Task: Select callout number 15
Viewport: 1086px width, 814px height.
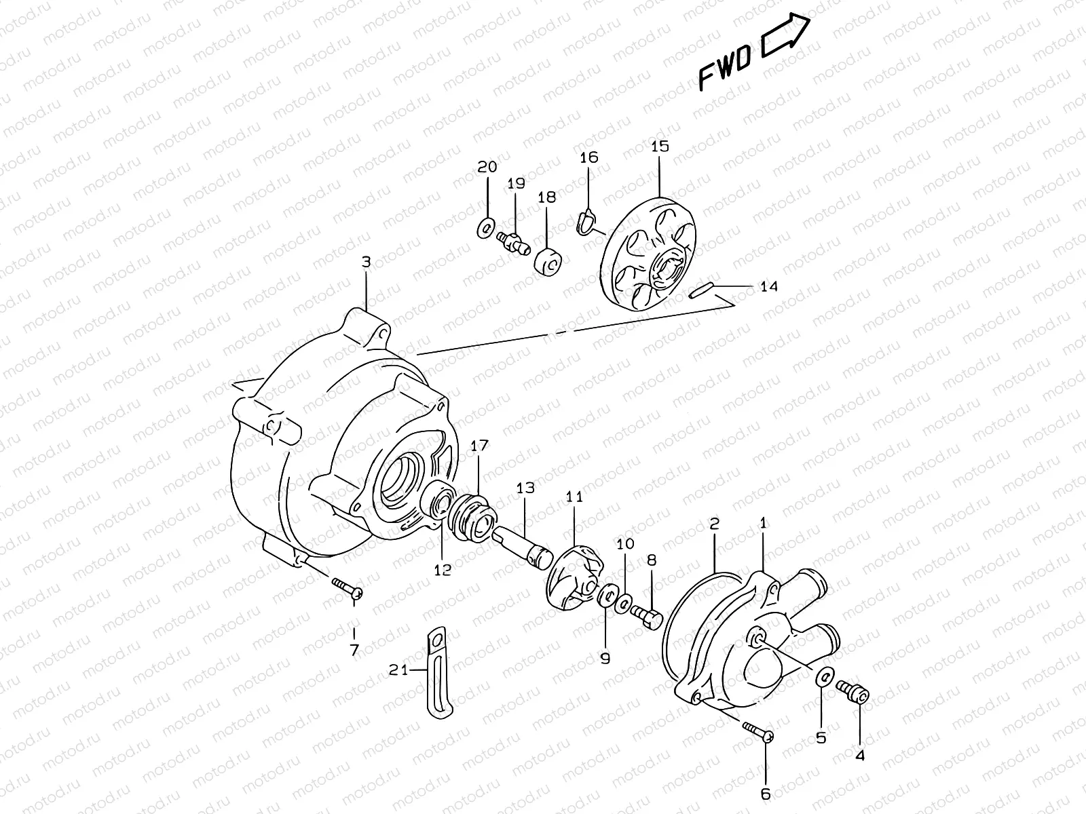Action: [x=660, y=146]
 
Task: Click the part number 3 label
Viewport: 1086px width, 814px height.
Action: [x=366, y=262]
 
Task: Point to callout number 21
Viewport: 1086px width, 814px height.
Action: [x=399, y=670]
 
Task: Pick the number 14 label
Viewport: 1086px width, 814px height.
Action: [x=768, y=287]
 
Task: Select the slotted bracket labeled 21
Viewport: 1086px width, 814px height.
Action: [x=438, y=670]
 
